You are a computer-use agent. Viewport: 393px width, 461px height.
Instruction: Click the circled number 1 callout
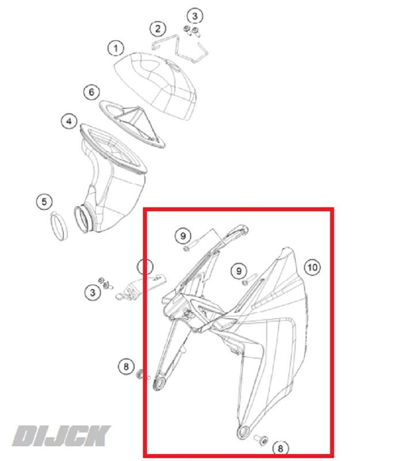[x=116, y=48]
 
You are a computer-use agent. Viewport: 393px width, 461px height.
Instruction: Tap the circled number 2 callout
[x=158, y=28]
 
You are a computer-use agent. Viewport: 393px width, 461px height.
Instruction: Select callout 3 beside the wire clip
[x=195, y=16]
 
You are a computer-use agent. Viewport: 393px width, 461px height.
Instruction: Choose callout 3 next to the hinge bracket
[x=93, y=292]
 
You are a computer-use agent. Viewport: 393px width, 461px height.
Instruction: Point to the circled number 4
[x=69, y=121]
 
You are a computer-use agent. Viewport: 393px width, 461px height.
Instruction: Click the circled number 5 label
[x=44, y=202]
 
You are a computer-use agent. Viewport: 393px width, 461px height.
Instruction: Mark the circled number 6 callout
[x=91, y=92]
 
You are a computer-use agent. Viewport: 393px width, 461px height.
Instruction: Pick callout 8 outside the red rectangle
[x=126, y=366]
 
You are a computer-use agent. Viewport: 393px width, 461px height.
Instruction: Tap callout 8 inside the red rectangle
[x=281, y=449]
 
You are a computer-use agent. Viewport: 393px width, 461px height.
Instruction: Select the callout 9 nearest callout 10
[x=239, y=271]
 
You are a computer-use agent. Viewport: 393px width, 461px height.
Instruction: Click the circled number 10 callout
[x=312, y=267]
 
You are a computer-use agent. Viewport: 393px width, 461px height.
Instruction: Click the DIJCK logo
[x=61, y=436]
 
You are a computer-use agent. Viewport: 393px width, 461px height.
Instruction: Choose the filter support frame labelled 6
[x=132, y=123]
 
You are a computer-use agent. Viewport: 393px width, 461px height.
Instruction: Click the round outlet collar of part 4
[x=83, y=220]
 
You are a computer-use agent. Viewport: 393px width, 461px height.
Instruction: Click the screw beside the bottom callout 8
[x=261, y=440]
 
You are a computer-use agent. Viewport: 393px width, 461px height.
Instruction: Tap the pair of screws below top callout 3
[x=192, y=31]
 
